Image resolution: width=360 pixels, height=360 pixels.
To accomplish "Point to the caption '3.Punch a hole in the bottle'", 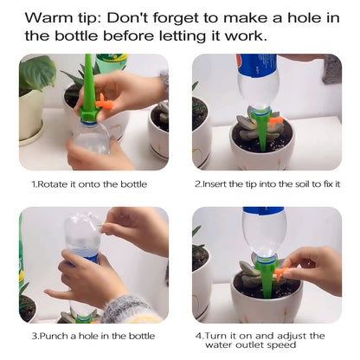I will tap(93, 336).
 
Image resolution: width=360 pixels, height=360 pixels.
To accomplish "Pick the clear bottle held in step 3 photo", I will tap(83, 234).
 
